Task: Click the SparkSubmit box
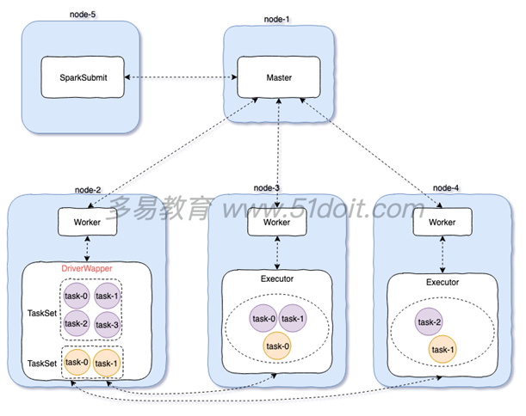81,77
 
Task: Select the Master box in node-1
278,77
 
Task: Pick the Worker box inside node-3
276,222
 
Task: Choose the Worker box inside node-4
441,222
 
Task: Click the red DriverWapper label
90,269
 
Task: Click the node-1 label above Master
276,18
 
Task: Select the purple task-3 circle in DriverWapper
108,323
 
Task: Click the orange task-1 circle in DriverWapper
108,362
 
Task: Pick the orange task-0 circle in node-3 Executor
276,346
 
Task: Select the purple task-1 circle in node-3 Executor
294,318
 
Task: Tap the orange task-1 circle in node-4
443,349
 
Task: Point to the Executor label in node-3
276,279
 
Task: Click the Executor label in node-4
442,281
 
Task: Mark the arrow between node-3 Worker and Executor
276,253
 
